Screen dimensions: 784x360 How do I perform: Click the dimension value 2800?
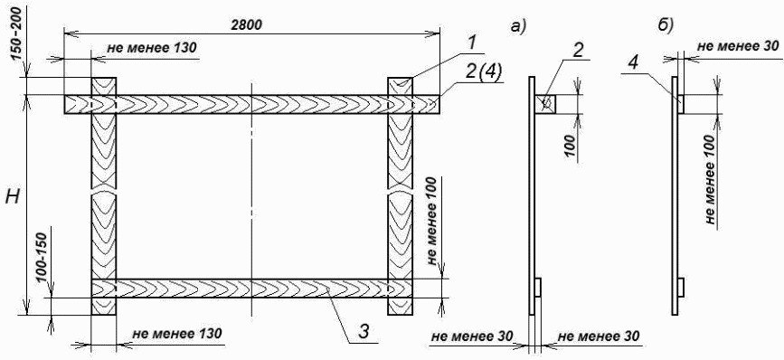pos(247,25)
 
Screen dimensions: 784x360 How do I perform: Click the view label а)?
pos(517,27)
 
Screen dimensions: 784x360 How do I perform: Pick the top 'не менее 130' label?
pos(152,49)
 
